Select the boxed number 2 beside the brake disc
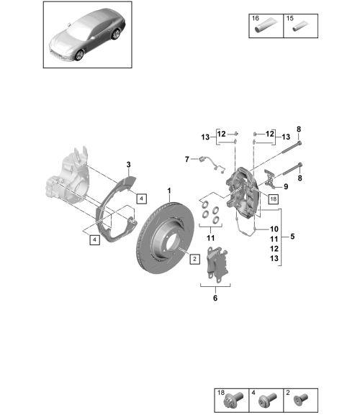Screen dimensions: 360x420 click(x=194, y=259)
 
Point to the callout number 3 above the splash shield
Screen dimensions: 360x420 click(x=128, y=165)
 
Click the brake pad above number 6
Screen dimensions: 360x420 click(x=217, y=264)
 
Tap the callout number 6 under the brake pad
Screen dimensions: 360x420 click(x=215, y=298)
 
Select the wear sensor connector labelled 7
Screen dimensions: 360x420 click(x=202, y=160)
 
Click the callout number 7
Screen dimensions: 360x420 click(x=187, y=160)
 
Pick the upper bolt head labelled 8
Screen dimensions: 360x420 click(x=300, y=143)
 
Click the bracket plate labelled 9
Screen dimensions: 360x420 click(x=270, y=178)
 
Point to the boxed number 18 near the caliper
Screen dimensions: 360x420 click(x=273, y=199)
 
